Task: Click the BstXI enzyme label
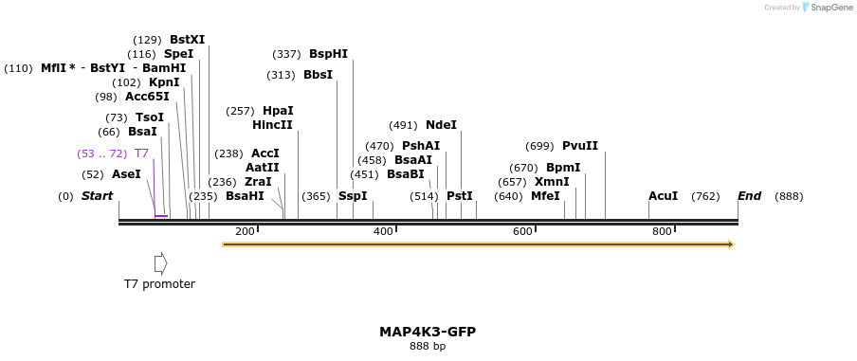pyautogui.click(x=187, y=40)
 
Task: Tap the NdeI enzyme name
pyautogui.click(x=441, y=125)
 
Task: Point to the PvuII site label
pyautogui.click(x=579, y=146)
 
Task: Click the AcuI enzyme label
pyautogui.click(x=663, y=196)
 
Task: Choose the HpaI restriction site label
pyautogui.click(x=278, y=111)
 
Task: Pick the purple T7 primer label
pyautogui.click(x=141, y=153)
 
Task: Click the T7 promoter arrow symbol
pyautogui.click(x=160, y=262)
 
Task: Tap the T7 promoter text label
pyautogui.click(x=159, y=283)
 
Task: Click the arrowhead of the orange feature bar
pyautogui.click(x=730, y=244)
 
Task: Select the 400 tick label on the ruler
pyautogui.click(x=382, y=232)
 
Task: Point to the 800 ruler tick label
pyautogui.click(x=661, y=232)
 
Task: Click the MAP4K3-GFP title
pyautogui.click(x=428, y=332)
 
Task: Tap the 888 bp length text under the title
pyautogui.click(x=428, y=347)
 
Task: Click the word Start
pyautogui.click(x=97, y=196)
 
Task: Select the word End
pyautogui.click(x=749, y=196)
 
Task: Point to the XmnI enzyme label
pyautogui.click(x=552, y=182)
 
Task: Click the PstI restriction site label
pyautogui.click(x=459, y=196)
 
